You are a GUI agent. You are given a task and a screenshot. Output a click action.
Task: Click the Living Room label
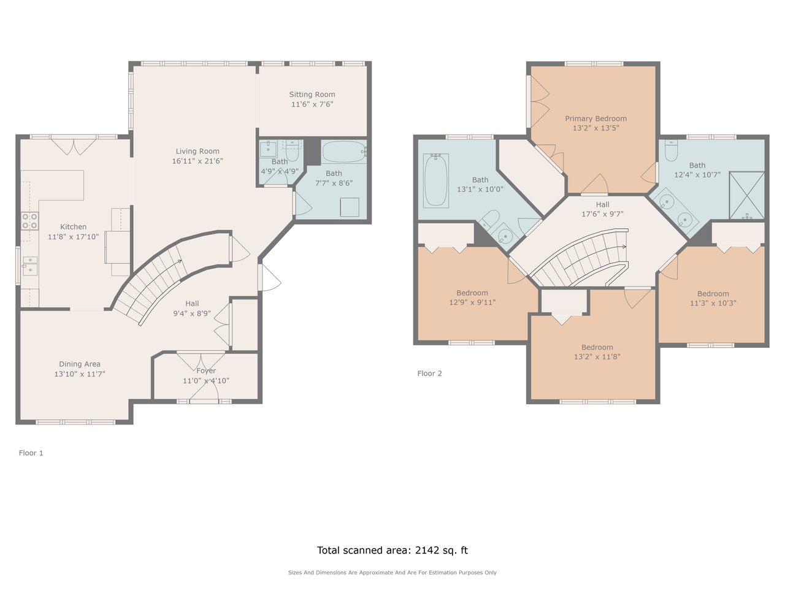point(197,152)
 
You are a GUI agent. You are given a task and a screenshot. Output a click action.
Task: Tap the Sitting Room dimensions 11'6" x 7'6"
point(312,104)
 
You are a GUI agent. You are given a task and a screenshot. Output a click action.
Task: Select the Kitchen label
point(74,227)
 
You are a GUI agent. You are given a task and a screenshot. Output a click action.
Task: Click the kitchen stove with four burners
point(29,221)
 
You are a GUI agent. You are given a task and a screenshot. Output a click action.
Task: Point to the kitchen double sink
point(30,266)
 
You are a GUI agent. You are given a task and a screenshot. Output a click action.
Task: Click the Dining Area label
point(79,364)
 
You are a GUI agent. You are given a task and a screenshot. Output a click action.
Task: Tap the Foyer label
point(206,371)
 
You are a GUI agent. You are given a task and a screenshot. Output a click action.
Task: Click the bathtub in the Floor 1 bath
point(344,152)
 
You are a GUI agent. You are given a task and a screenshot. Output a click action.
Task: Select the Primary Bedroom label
point(596,118)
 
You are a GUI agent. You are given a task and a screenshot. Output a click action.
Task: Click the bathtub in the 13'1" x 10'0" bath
point(435,180)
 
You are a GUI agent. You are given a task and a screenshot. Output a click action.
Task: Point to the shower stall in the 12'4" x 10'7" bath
point(746,195)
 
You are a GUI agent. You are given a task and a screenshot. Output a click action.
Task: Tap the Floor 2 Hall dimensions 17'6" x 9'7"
point(603,214)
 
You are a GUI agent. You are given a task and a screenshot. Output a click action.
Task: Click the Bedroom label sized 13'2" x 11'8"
point(597,347)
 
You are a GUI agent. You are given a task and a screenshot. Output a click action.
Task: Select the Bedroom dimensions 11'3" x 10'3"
point(713,303)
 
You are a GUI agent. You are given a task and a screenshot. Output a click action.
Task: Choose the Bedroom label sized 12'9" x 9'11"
point(472,293)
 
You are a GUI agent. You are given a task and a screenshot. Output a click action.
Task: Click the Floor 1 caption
point(31,453)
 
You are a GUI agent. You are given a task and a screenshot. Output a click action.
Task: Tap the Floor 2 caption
point(429,374)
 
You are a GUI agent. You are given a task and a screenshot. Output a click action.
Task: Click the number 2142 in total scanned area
point(427,550)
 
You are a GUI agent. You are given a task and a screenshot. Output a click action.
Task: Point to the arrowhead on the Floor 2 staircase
point(624,247)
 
